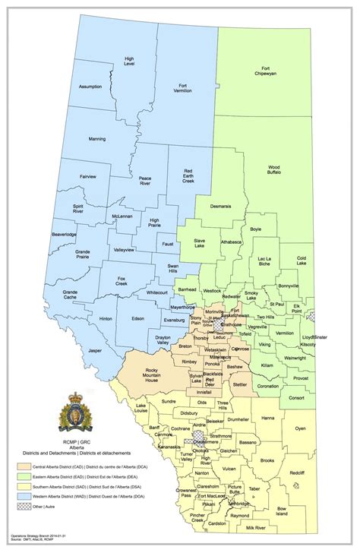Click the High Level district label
pos(130,61)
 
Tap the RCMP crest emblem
pos(76,409)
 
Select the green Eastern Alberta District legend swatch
pos(24,474)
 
